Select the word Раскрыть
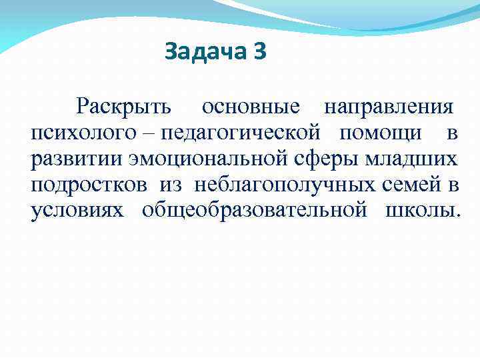click(124, 107)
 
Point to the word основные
click(251, 107)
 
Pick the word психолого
click(82, 133)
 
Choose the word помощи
click(380, 133)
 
